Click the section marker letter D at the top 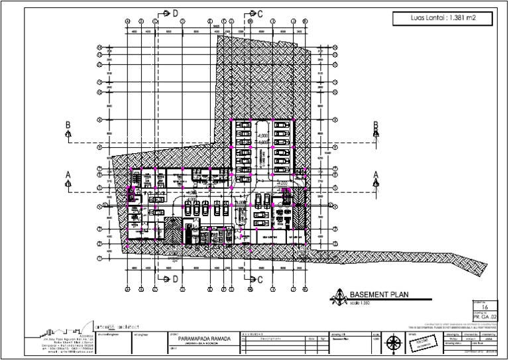[x=176, y=13]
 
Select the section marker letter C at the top [x=260, y=13]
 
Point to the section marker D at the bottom [x=176, y=278]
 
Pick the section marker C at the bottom [x=260, y=278]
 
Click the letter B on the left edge [x=68, y=124]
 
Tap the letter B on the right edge [x=375, y=124]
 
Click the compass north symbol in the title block [x=394, y=343]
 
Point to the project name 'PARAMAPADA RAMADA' [x=199, y=338]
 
